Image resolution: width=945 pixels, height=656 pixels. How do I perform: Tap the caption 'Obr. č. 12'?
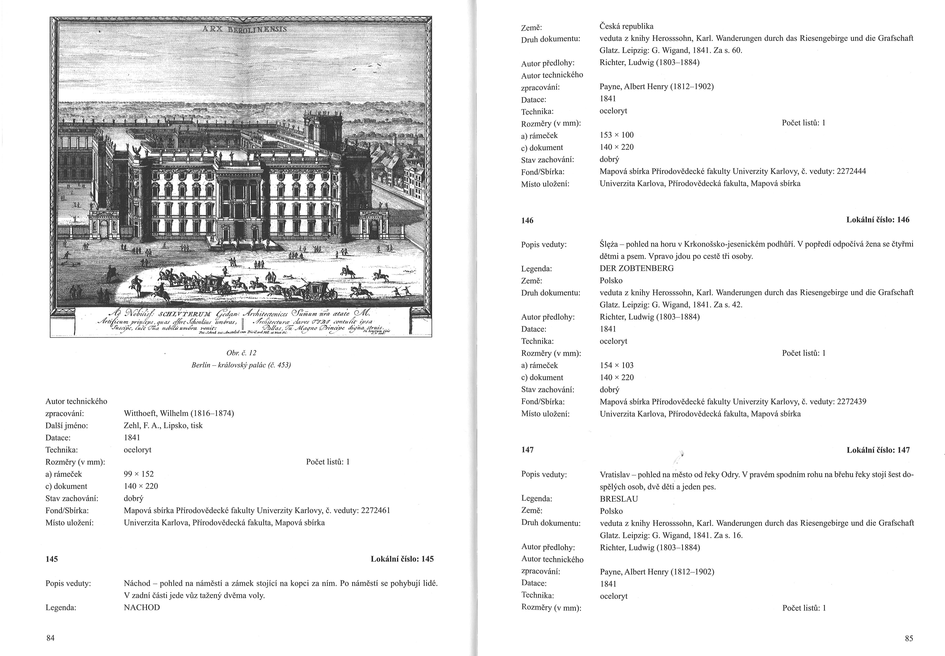pos(241,353)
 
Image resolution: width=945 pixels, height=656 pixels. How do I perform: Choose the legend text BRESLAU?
pos(619,499)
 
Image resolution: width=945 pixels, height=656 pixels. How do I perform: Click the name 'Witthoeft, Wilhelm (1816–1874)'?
pos(179,413)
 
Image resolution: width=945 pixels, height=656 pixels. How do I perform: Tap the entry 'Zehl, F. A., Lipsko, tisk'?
pos(163,425)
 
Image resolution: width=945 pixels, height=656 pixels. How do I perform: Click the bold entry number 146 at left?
pos(527,220)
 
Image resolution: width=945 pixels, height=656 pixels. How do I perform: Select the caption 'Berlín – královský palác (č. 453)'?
pos(241,365)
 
